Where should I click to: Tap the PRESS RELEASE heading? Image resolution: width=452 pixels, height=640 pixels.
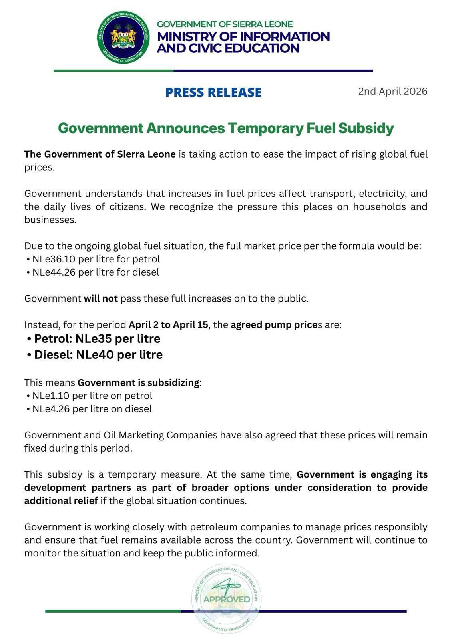pyautogui.click(x=213, y=92)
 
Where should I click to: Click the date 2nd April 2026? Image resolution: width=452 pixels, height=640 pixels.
pyautogui.click(x=392, y=91)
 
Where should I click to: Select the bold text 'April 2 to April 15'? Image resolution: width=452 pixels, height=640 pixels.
pyautogui.click(x=168, y=325)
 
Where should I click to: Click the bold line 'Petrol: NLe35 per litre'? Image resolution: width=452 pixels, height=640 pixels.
pyautogui.click(x=97, y=339)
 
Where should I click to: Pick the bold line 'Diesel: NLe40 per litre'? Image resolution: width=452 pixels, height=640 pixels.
pyautogui.click(x=98, y=355)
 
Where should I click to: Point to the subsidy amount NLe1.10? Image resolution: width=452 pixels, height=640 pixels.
pyautogui.click(x=51, y=396)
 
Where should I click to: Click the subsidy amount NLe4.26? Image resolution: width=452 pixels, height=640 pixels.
pyautogui.click(x=51, y=409)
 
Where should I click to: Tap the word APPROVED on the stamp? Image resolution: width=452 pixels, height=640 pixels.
pyautogui.click(x=226, y=599)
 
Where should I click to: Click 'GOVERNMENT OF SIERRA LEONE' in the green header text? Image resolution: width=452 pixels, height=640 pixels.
pyautogui.click(x=225, y=24)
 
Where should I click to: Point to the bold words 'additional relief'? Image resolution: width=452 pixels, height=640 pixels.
pyautogui.click(x=61, y=501)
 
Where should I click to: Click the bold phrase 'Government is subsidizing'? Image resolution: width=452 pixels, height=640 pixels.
pyautogui.click(x=138, y=383)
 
